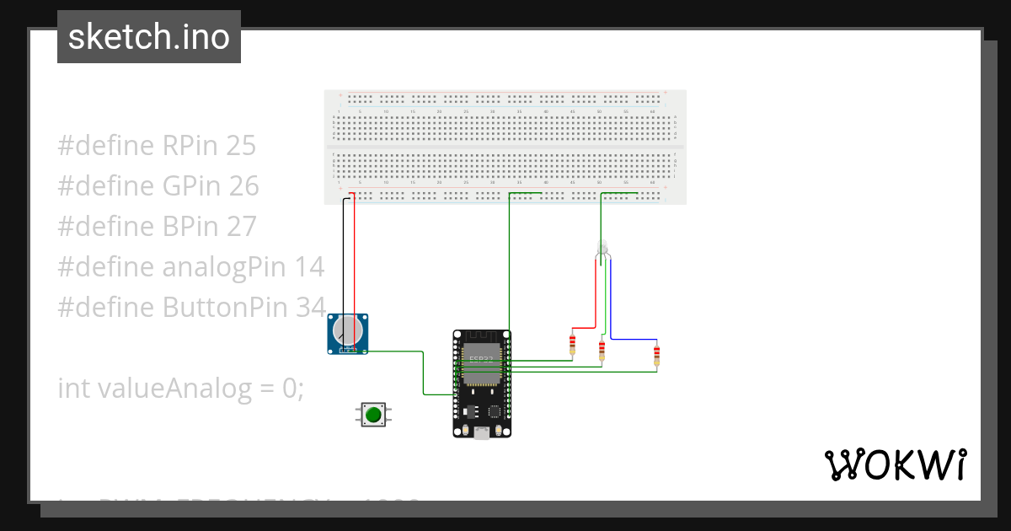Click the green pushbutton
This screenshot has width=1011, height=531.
pyautogui.click(x=372, y=414)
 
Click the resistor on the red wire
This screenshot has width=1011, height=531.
pyautogui.click(x=573, y=344)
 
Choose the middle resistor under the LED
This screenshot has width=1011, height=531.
pyautogui.click(x=602, y=350)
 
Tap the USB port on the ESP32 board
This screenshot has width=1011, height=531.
pyautogui.click(x=481, y=432)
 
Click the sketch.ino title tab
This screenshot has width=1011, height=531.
pyautogui.click(x=149, y=37)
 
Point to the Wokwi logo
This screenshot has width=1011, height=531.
pyautogui.click(x=895, y=464)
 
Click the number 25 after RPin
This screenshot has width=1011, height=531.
pyautogui.click(x=241, y=146)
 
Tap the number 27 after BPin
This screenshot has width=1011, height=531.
pyautogui.click(x=241, y=227)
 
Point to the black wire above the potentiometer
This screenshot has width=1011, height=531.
pyautogui.click(x=342, y=253)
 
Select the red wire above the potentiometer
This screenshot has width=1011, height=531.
pyautogui.click(x=354, y=253)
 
